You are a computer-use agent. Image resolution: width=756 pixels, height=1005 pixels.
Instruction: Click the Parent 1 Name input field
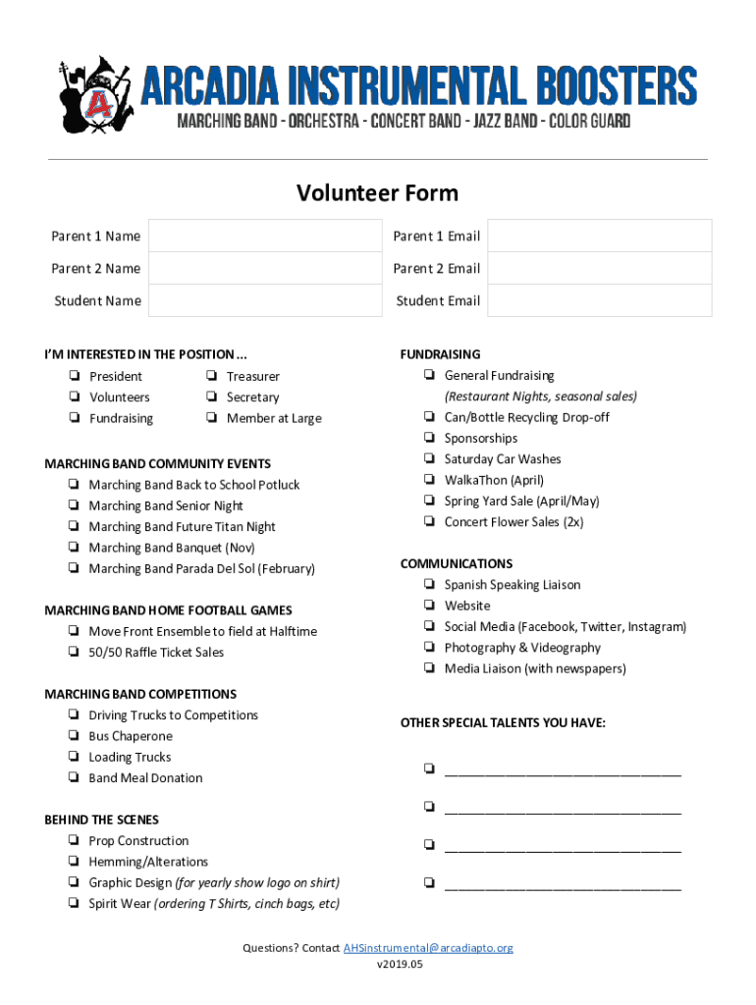point(264,237)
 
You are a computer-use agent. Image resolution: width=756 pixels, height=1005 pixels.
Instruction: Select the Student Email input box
point(599,301)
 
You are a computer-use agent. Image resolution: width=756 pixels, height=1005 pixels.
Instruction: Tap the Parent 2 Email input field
point(599,269)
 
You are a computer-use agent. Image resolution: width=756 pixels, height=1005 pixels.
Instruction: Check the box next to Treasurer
point(212,376)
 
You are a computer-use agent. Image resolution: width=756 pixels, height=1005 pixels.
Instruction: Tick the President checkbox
point(75,376)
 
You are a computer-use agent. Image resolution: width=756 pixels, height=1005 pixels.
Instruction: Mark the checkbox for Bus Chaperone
point(75,736)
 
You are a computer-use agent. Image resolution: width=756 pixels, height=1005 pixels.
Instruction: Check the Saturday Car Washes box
point(430,458)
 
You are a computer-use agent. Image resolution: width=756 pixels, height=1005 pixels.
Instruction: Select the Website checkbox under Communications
point(430,606)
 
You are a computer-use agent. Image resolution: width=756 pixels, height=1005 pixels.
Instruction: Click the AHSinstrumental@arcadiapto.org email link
point(427,948)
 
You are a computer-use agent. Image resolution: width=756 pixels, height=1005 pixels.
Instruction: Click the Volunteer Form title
point(377,192)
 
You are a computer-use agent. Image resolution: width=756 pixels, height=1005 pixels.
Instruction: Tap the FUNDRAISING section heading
point(440,354)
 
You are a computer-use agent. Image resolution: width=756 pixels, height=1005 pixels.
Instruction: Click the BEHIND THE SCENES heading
point(101,820)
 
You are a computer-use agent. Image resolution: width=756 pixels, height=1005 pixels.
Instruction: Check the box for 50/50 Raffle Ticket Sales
point(75,653)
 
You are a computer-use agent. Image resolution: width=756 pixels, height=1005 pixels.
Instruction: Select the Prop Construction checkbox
point(75,841)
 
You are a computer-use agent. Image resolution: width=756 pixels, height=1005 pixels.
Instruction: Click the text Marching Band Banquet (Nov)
point(171,548)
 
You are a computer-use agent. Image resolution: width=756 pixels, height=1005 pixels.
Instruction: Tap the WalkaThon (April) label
point(493,480)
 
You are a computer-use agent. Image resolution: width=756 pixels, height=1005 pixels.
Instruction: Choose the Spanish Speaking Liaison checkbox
point(430,585)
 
